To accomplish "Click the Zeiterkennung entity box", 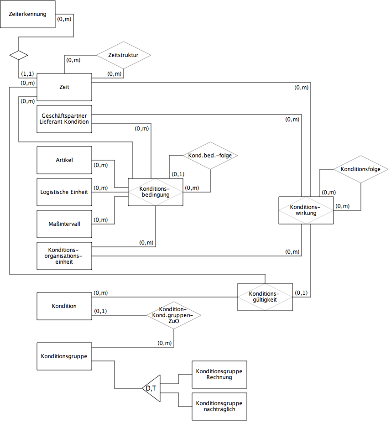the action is coord(28,14).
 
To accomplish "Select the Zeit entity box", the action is coord(64,87).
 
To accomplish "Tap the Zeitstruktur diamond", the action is coord(124,55).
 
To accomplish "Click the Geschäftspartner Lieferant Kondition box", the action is coord(64,119).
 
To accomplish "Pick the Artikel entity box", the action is coord(64,160).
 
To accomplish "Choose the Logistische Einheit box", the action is coord(64,192).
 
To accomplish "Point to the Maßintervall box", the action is coord(64,224).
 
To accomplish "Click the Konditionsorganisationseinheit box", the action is coord(64,256).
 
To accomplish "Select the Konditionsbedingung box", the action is coord(156,192).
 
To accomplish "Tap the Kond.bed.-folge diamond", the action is coord(210,156).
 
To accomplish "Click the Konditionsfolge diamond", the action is coord(361,169).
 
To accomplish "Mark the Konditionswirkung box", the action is coord(306,210).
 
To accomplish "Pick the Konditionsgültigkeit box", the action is coord(265,297).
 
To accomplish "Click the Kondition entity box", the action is coord(64,306).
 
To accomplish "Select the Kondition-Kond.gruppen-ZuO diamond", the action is coord(174,315).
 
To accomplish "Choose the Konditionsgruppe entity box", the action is coord(64,356).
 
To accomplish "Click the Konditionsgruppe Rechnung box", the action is coord(219,375).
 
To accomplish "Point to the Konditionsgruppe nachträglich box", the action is coord(219,407).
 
